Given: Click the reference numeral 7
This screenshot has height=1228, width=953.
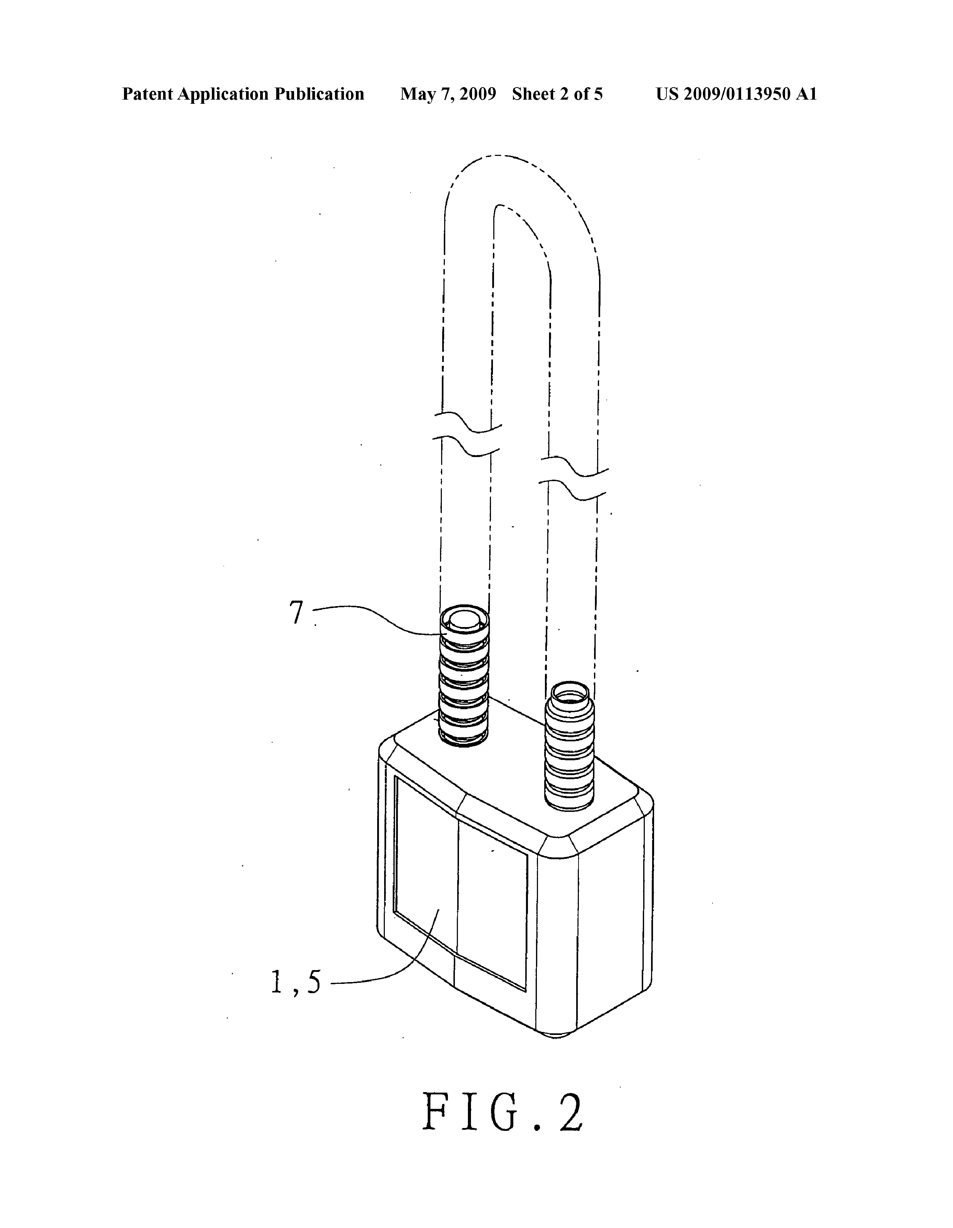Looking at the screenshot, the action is coord(296,613).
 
